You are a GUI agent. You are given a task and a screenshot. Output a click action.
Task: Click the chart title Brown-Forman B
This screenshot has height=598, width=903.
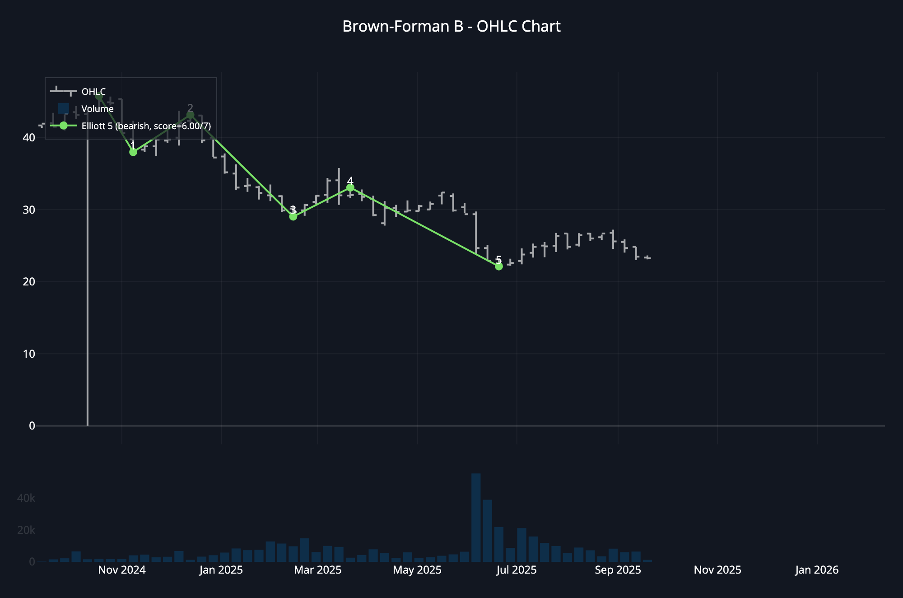tap(451, 26)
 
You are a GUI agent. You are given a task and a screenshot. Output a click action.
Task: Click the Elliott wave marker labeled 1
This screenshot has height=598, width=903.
tap(133, 152)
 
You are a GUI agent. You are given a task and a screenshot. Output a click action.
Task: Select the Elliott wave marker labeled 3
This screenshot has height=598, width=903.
tap(293, 217)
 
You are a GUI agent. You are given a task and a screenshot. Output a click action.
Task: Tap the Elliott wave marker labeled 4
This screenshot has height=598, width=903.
tap(350, 187)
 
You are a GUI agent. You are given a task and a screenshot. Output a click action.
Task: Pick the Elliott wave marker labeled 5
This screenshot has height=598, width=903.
tap(498, 266)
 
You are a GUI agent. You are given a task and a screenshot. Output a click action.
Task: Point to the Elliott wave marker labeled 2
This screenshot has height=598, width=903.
tap(190, 115)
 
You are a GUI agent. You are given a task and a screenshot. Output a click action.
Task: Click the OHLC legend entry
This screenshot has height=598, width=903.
tap(93, 92)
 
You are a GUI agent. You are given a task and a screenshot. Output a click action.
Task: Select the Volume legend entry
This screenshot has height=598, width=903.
tap(97, 109)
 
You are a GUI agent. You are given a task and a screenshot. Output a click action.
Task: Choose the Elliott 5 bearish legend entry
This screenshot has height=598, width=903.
tap(146, 126)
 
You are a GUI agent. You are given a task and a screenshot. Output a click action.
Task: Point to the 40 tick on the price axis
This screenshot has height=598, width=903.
tap(29, 137)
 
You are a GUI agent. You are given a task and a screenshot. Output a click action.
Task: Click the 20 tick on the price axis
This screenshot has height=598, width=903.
tap(29, 281)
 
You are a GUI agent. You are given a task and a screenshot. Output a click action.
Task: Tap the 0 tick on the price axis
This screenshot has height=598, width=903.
tap(32, 425)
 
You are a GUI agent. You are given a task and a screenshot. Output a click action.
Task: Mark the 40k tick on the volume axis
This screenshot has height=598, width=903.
tap(26, 498)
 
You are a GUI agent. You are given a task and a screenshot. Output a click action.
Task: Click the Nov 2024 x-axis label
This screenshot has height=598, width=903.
tap(122, 570)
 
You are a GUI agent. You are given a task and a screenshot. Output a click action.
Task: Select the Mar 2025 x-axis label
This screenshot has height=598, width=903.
tap(318, 570)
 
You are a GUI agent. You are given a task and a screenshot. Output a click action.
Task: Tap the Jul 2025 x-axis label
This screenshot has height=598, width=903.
tap(517, 570)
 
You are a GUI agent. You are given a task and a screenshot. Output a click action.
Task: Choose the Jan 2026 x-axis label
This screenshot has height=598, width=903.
tap(817, 570)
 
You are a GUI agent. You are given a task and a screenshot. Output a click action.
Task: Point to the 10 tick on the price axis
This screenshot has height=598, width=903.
tap(29, 354)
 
